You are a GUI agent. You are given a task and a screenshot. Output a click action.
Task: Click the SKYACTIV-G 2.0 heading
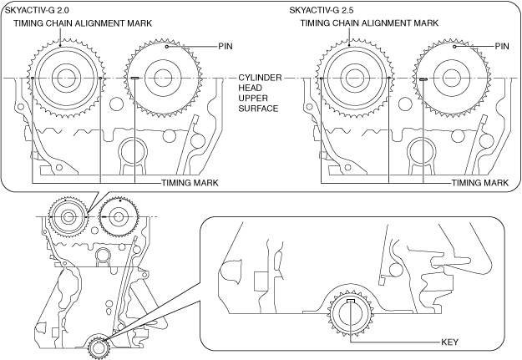tap(37, 10)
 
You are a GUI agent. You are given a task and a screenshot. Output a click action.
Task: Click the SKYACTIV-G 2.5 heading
tap(322, 10)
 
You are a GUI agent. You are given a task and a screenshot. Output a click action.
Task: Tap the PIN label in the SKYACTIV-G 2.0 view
tap(226, 46)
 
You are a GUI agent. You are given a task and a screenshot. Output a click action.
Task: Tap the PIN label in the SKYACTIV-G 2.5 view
tap(502, 46)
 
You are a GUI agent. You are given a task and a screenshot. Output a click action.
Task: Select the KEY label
tap(450, 342)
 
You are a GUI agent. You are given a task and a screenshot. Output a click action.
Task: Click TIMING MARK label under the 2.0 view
tap(190, 183)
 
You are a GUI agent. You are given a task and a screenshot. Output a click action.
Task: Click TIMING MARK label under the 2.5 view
tap(480, 183)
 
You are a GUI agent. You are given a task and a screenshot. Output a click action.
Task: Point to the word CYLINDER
tap(260, 78)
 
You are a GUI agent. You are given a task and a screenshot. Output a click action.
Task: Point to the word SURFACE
tap(258, 109)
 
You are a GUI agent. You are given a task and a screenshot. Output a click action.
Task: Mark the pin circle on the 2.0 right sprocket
tap(167, 47)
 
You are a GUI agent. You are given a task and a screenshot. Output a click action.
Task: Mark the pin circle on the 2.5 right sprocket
tap(454, 47)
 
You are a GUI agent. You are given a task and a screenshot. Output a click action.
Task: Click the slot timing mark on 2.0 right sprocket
tap(134, 79)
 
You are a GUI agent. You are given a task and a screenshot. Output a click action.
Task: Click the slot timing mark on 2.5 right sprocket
tap(423, 79)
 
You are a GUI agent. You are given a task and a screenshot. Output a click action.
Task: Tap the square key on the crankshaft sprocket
tap(351, 301)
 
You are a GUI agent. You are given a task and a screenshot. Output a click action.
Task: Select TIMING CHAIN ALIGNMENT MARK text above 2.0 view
tap(83, 23)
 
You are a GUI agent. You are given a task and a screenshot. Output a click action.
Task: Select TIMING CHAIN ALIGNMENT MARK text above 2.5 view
tap(369, 23)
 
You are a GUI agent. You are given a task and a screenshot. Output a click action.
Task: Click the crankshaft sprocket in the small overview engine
tap(99, 347)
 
